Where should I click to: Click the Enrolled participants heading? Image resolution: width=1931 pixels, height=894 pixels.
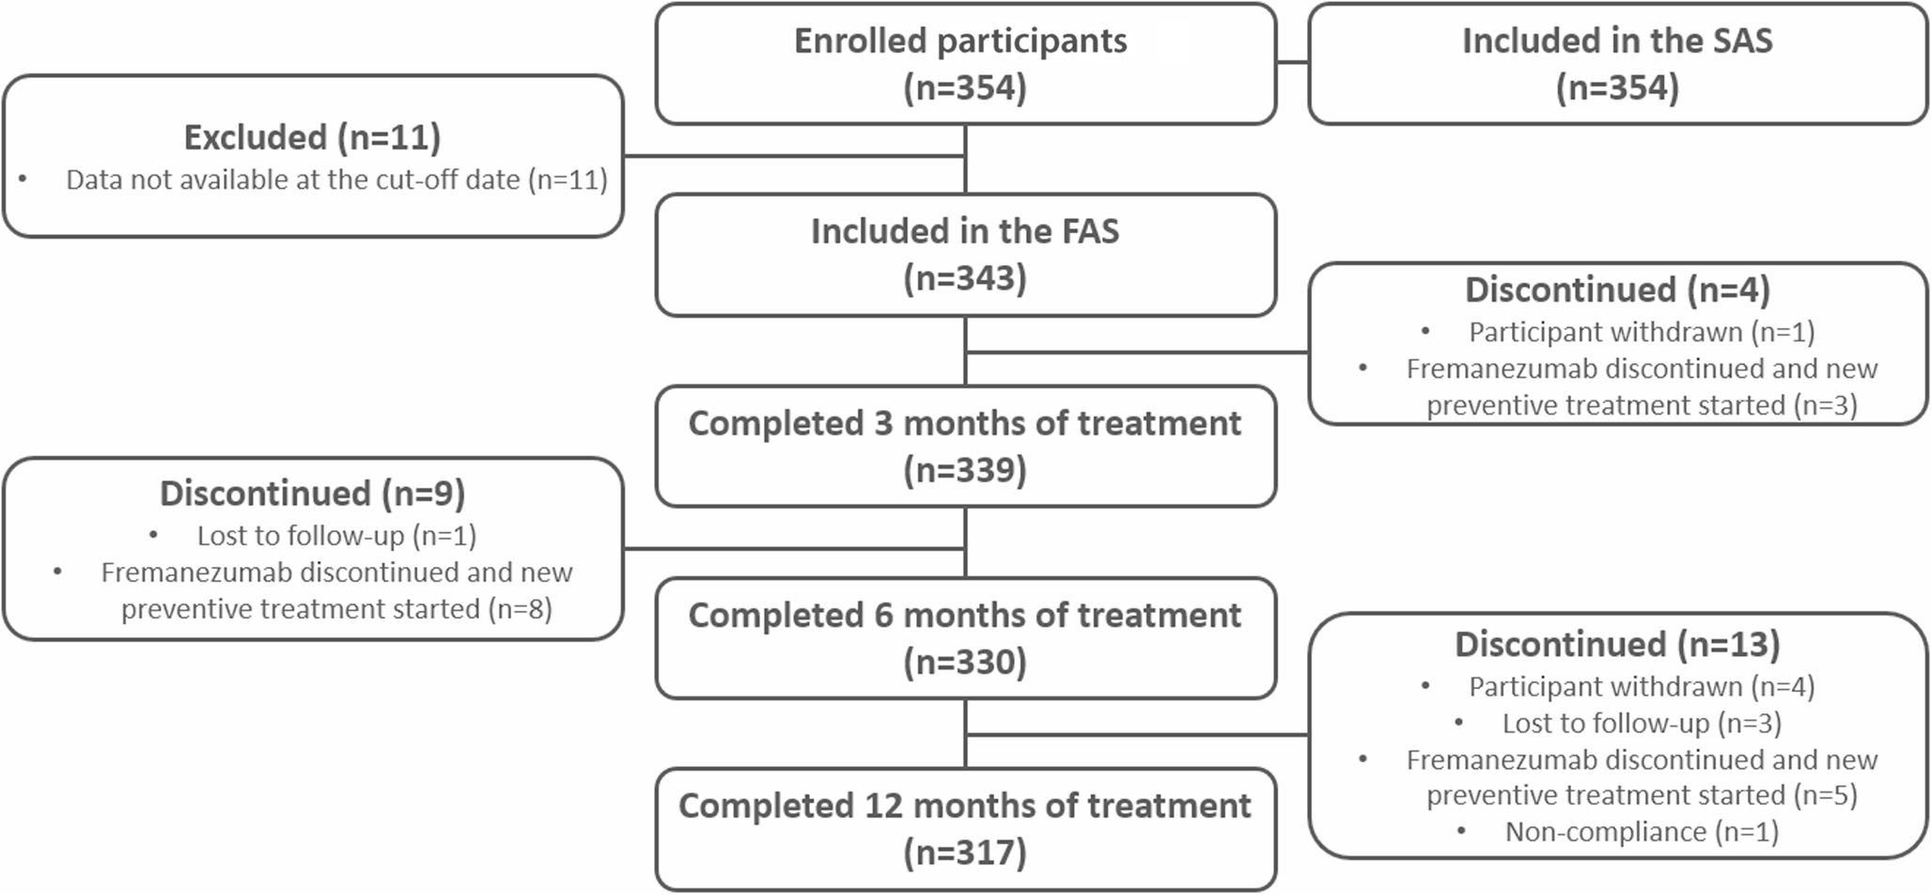coord(960,41)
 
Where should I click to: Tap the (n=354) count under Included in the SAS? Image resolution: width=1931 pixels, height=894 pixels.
coord(1617,88)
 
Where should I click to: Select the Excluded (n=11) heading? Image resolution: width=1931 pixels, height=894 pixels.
coord(312,137)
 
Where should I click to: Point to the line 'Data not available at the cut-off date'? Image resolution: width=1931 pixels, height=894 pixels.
coord(336,180)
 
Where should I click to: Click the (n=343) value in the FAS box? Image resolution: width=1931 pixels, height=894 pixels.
coord(965,278)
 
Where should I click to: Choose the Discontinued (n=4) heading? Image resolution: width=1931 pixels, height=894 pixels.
coord(1617,290)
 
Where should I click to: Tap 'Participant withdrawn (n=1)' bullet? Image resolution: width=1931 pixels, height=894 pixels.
coord(1641,332)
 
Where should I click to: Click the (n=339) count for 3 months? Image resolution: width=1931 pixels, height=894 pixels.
coord(965,470)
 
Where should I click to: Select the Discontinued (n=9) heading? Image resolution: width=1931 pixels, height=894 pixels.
coord(312,494)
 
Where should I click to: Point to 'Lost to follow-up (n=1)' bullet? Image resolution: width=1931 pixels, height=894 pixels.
coord(336,536)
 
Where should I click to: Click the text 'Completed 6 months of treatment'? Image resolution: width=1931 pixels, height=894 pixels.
coord(965,616)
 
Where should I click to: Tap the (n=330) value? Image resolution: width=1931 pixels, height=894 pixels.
coord(965,663)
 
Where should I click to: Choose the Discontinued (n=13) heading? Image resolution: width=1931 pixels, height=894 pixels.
coord(1617,645)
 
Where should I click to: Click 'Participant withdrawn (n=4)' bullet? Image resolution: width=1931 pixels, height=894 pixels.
coord(1641,687)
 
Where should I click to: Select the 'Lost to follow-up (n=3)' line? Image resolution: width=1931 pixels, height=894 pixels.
coord(1641,723)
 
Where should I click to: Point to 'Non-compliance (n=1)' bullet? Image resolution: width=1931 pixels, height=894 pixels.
coord(1641,832)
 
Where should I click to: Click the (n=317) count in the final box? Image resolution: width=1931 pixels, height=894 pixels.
coord(965,854)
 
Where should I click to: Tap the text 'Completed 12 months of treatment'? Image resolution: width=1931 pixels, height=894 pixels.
coord(965,807)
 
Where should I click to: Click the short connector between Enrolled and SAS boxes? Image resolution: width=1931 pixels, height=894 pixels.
coord(1292,63)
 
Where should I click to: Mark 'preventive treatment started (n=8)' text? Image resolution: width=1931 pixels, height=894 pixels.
coord(336,609)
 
